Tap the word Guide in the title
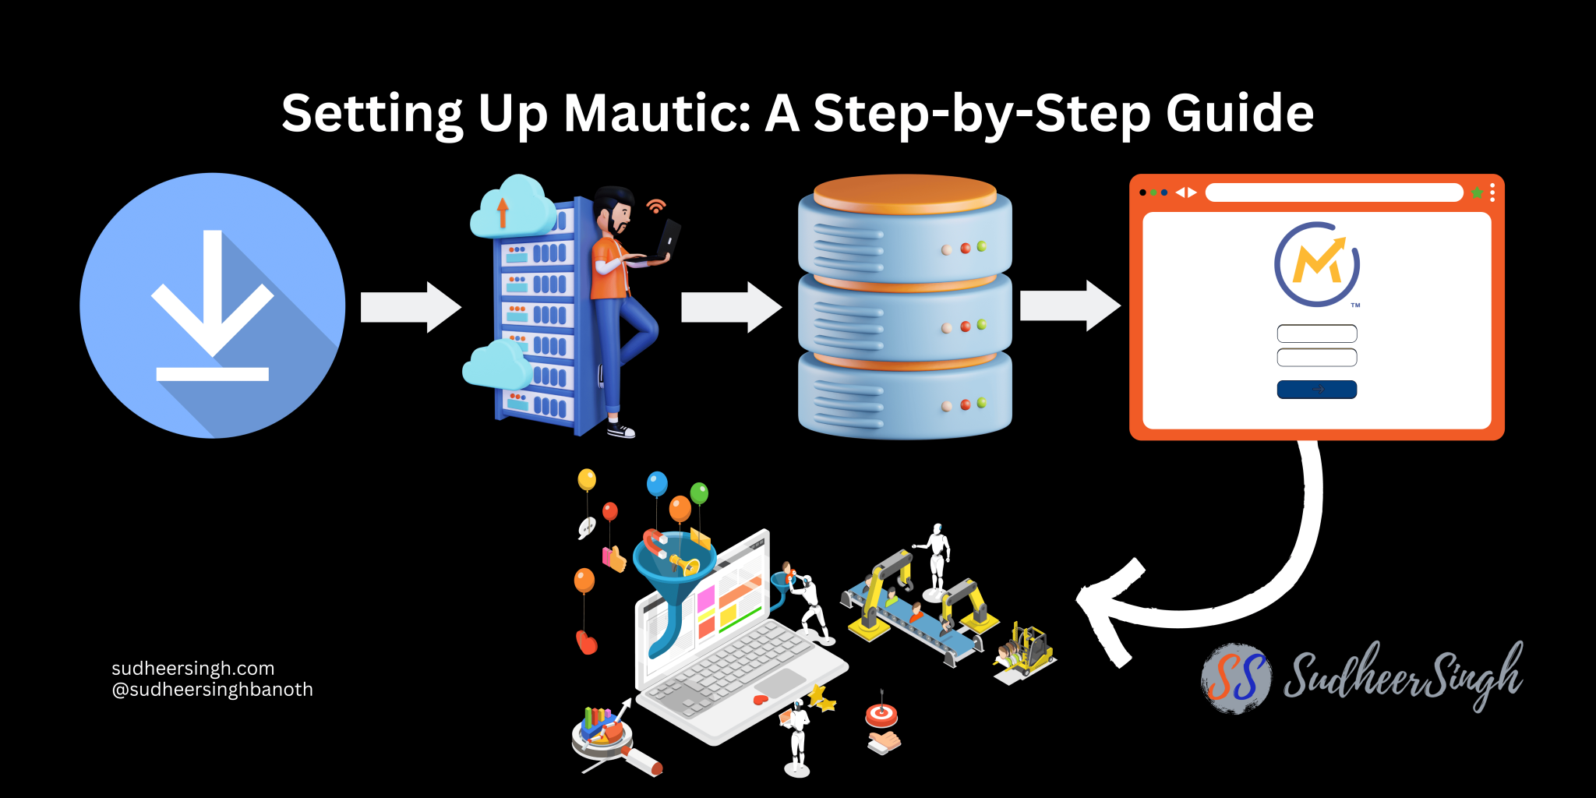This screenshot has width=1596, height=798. click(1239, 114)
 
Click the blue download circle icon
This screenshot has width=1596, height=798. click(212, 305)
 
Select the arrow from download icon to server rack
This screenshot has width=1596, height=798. click(411, 307)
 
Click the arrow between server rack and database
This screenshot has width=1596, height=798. click(731, 307)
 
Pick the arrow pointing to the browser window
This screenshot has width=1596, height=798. click(1070, 305)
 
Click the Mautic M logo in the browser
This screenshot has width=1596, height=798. click(1317, 264)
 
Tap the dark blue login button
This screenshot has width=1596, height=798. click(1316, 389)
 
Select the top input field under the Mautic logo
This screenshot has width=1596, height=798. click(1316, 334)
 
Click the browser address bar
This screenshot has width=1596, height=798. click(1333, 192)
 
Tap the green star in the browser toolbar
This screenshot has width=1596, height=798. click(1477, 192)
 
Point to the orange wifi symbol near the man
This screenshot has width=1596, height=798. click(656, 206)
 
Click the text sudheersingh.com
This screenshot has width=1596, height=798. click(192, 668)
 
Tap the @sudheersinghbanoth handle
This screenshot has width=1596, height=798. click(212, 690)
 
